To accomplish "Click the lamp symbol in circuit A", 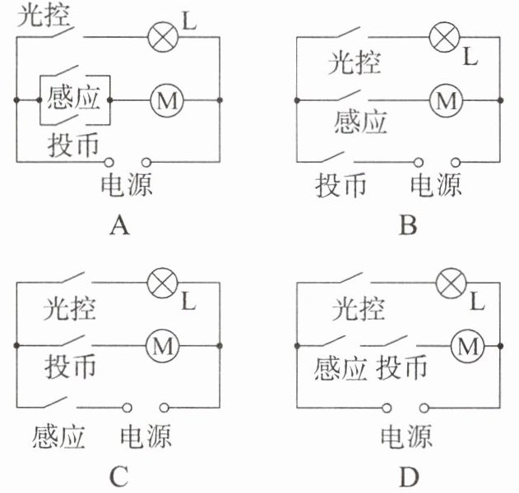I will click(x=160, y=35).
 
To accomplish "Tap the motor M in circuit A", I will click(x=168, y=100).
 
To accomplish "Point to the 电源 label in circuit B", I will click(x=436, y=186).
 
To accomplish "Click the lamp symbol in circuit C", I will click(x=160, y=283).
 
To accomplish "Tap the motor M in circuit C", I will click(x=161, y=347).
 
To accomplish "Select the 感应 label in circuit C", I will click(x=59, y=435).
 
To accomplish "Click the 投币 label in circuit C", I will click(x=72, y=364).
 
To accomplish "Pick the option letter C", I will click(x=120, y=476).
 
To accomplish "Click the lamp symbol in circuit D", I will click(x=451, y=283).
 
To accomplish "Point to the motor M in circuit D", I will click(x=467, y=347).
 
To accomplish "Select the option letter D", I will click(x=408, y=476).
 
